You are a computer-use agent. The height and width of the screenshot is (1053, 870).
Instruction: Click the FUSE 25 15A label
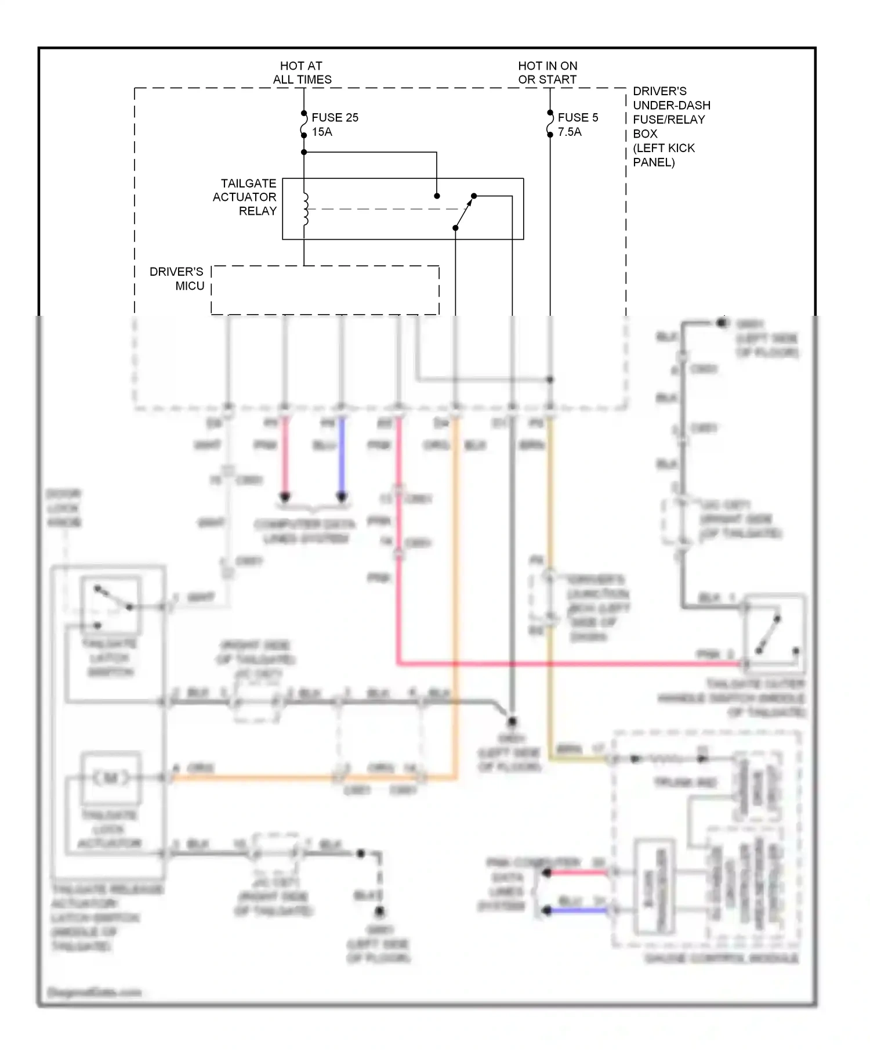pyautogui.click(x=335, y=124)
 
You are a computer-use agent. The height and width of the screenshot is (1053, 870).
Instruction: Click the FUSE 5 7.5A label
pyautogui.click(x=577, y=124)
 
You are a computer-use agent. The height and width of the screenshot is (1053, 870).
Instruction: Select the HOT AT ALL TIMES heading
pyautogui.click(x=302, y=73)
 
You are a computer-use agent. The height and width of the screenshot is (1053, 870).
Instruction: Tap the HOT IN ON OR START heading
pyautogui.click(x=548, y=73)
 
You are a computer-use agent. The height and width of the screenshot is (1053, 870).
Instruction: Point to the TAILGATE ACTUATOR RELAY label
pyautogui.click(x=245, y=197)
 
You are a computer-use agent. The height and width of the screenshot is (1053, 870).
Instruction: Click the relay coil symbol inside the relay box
pyautogui.click(x=305, y=209)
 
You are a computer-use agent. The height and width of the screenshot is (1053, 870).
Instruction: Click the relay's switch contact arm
pyautogui.click(x=464, y=212)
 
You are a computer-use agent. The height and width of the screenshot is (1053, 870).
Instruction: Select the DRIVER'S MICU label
pyautogui.click(x=177, y=279)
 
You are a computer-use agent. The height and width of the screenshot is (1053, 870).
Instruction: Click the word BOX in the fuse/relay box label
pyautogui.click(x=645, y=134)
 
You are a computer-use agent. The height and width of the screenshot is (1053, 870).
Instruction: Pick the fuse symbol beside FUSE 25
pyautogui.click(x=303, y=124)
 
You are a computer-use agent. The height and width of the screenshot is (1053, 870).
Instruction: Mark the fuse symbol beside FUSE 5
pyautogui.click(x=550, y=124)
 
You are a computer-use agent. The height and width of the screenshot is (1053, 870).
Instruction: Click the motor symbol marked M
pyautogui.click(x=111, y=778)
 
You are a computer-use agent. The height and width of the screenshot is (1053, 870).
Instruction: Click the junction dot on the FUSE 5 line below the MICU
pyautogui.click(x=550, y=380)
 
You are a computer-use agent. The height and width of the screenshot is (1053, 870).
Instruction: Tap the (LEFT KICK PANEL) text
pyautogui.click(x=664, y=155)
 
